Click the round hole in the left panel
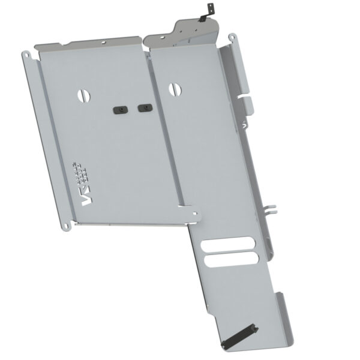coord(85,94)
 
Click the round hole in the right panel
coord(174,88)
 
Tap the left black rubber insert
coord(120,110)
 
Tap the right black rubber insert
coord(145,108)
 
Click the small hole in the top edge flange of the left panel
coord(103,43)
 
